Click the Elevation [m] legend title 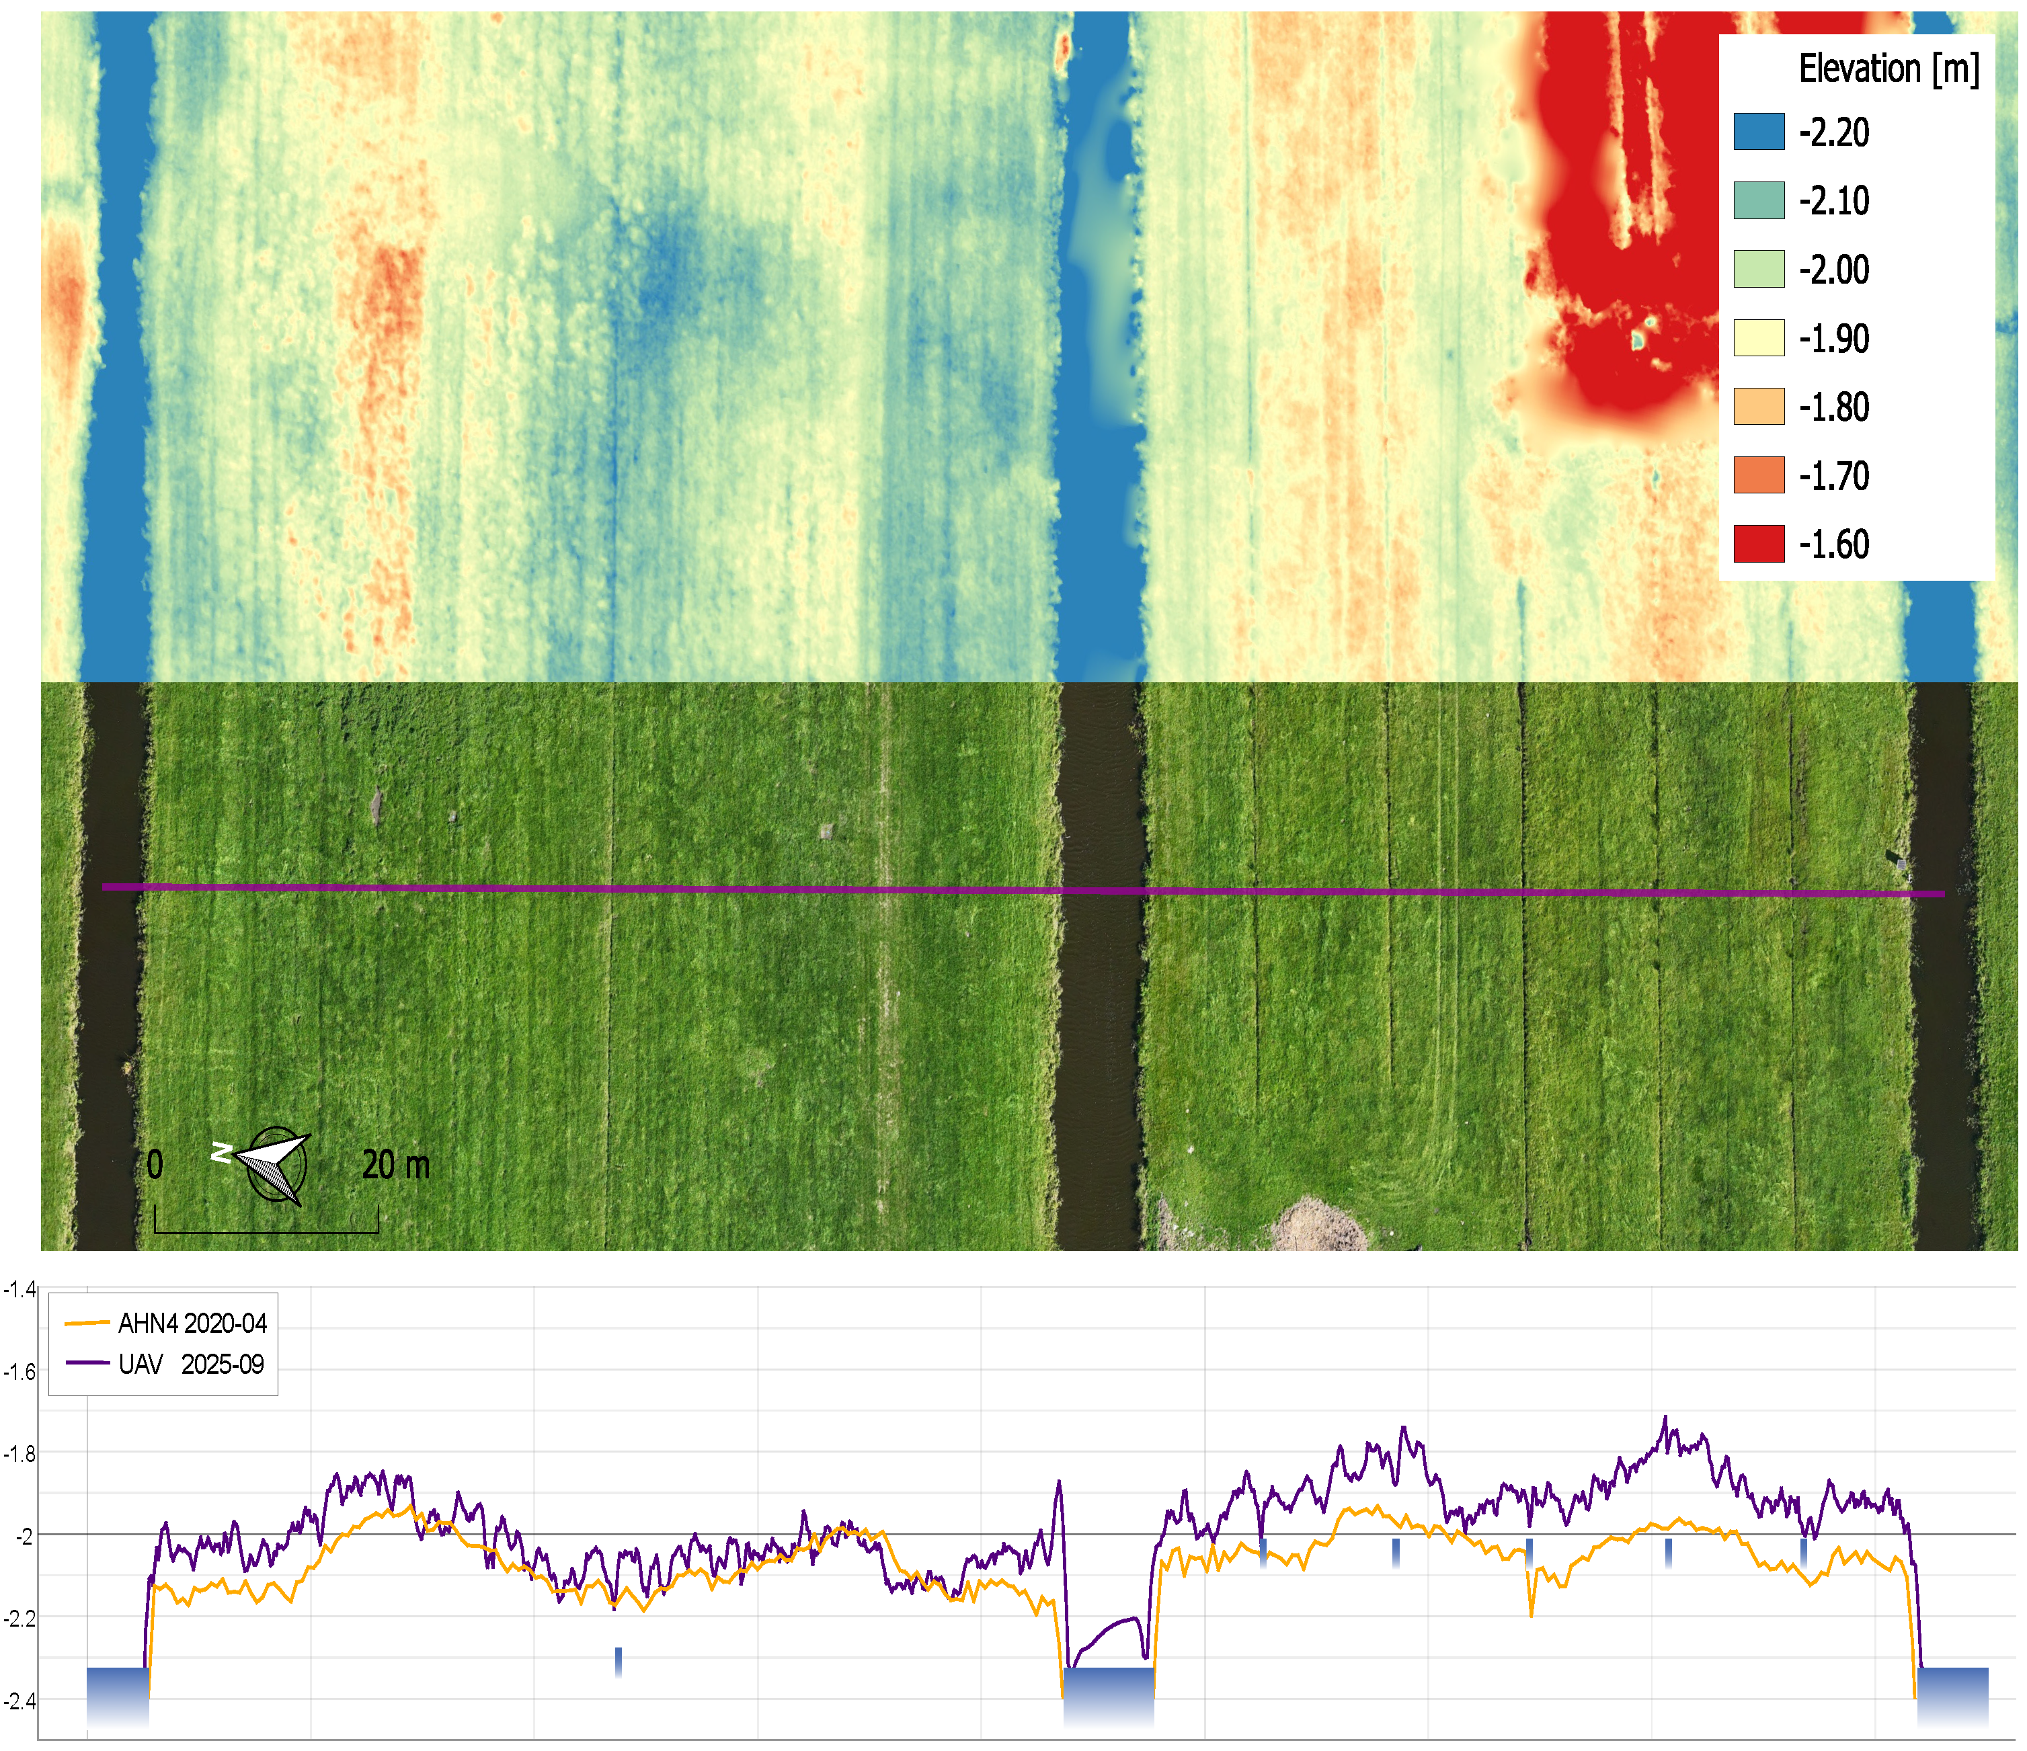point(1888,69)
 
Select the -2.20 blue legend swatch point(1759,131)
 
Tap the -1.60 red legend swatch point(1759,544)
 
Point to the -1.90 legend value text point(1834,339)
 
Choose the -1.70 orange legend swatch point(1759,475)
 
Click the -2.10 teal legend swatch point(1759,200)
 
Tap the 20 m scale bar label point(395,1165)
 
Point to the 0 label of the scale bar point(155,1165)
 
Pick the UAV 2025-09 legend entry point(164,1365)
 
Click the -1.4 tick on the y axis point(19,1289)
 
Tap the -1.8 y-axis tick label point(19,1454)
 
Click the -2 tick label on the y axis point(24,1536)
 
